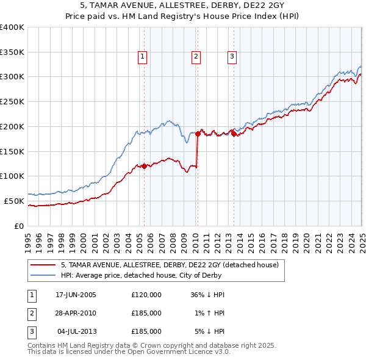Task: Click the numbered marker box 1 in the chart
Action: (142, 57)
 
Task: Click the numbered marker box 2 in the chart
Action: (196, 57)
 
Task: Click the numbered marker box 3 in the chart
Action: (232, 57)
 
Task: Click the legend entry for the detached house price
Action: (170, 265)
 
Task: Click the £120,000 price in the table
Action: (146, 295)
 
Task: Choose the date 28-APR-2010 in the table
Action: (76, 313)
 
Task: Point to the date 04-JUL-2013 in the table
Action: (76, 331)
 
